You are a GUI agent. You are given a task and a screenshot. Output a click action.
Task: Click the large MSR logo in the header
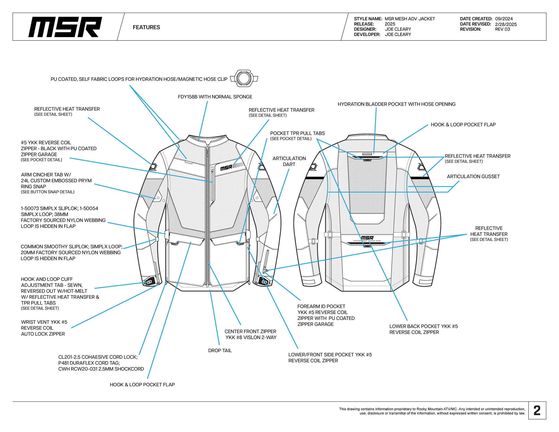tap(65, 27)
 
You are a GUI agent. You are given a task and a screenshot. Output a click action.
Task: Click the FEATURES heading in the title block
tap(146, 27)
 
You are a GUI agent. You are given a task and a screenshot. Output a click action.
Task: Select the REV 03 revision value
tap(502, 29)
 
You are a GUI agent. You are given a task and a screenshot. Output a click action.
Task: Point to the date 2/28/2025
tap(506, 24)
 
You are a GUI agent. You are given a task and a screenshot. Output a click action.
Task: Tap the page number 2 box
tap(537, 411)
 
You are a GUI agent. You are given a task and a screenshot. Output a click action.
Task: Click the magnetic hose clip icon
tap(244, 78)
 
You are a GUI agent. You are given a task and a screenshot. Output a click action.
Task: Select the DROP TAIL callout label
tap(220, 350)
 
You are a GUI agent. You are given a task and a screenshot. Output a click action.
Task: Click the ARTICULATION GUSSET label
tap(473, 176)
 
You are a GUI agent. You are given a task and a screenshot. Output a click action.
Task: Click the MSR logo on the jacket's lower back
tap(367, 238)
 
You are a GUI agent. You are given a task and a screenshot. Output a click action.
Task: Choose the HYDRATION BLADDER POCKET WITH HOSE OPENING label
tap(396, 104)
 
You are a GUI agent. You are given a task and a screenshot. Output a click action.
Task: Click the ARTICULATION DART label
tap(289, 161)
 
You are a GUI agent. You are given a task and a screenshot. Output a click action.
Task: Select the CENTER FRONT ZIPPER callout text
tap(250, 334)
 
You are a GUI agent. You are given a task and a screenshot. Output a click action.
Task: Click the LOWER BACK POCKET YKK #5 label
tap(423, 329)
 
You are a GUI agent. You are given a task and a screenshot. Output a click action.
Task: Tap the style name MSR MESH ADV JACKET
tap(410, 19)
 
